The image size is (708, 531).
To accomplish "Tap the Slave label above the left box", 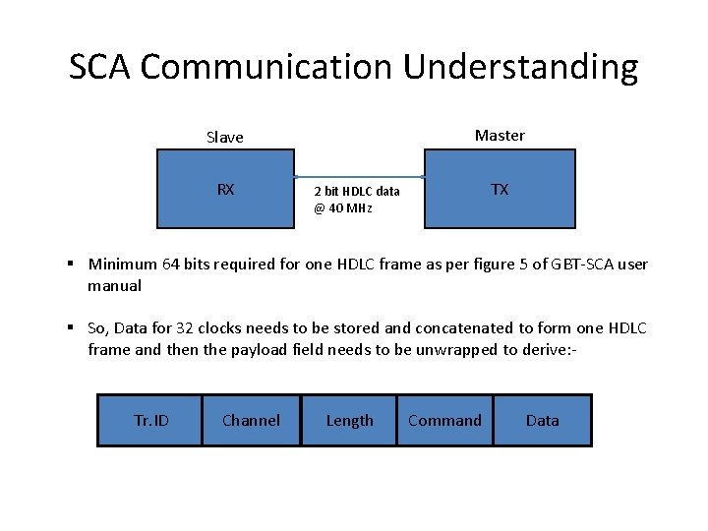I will tap(225, 137).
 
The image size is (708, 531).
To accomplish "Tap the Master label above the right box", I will tap(500, 135).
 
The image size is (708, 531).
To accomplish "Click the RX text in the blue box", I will tap(225, 189).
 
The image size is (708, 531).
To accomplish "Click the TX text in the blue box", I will tap(500, 189).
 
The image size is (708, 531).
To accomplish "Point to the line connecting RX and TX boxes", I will tap(359, 177).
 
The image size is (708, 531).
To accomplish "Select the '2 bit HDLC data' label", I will tap(356, 192).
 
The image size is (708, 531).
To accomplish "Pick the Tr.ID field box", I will tap(150, 421).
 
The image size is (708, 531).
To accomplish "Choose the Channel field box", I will tap(251, 421).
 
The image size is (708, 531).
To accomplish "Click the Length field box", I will tap(349, 421).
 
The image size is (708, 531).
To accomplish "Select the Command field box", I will tap(444, 421).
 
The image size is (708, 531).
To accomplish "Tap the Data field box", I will tap(542, 421).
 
